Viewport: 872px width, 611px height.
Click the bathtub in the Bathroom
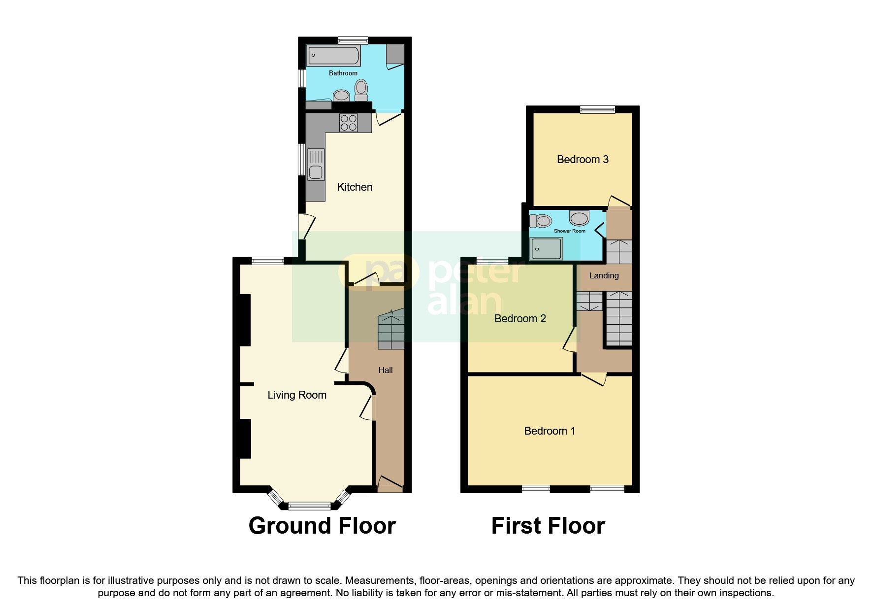(x=334, y=56)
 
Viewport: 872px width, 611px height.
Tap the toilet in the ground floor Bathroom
(x=361, y=90)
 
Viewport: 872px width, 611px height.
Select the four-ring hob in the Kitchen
(x=349, y=123)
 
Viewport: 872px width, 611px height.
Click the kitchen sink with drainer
(x=316, y=165)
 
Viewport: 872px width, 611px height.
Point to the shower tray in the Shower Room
(x=546, y=248)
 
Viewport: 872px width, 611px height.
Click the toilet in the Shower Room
(x=541, y=221)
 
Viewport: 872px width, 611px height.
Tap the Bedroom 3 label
(x=582, y=159)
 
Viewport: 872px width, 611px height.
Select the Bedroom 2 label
(x=520, y=318)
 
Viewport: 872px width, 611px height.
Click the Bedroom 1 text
(x=549, y=431)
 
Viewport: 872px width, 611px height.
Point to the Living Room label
(x=297, y=395)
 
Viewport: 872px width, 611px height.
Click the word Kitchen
(x=355, y=187)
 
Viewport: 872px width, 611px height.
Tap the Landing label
(x=604, y=275)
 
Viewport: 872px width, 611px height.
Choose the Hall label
(x=386, y=370)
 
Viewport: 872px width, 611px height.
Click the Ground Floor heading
(x=322, y=526)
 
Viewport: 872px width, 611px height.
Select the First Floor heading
(x=548, y=526)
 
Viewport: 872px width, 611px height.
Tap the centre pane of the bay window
(x=310, y=505)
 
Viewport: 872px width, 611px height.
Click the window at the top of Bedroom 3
(x=597, y=109)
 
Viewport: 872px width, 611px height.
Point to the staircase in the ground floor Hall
(x=391, y=330)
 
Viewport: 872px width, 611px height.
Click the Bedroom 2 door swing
(x=570, y=340)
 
